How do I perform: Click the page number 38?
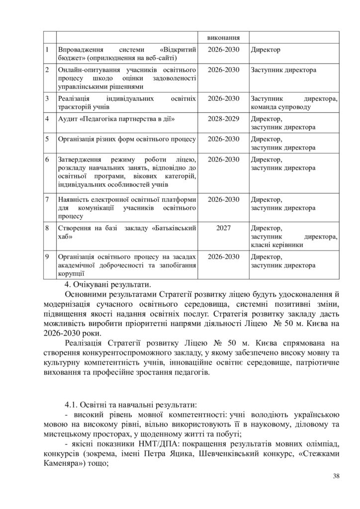click(336, 477)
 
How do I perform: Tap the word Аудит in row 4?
click(68, 119)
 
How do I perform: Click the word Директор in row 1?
click(266, 50)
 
